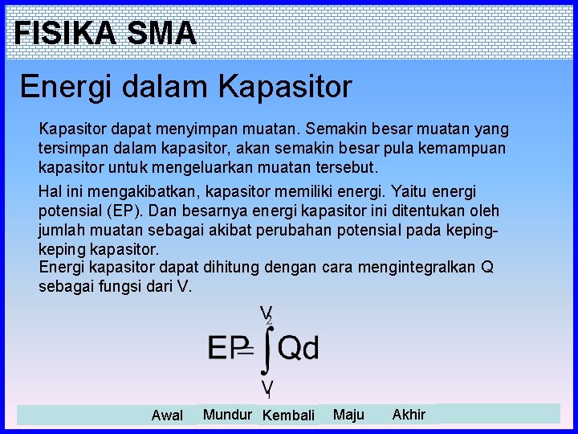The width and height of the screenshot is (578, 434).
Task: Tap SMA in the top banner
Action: (x=161, y=33)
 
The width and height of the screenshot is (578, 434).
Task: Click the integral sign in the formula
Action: (x=269, y=349)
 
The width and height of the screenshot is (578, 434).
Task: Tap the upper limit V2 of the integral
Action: (x=266, y=313)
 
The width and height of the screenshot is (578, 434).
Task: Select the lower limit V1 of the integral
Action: (x=266, y=389)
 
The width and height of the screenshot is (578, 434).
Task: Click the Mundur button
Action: (x=227, y=415)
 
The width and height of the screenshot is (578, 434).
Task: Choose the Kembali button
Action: (x=288, y=416)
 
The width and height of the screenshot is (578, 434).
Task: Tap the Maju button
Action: (x=348, y=415)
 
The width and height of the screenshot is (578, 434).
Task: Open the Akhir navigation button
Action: (x=409, y=415)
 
